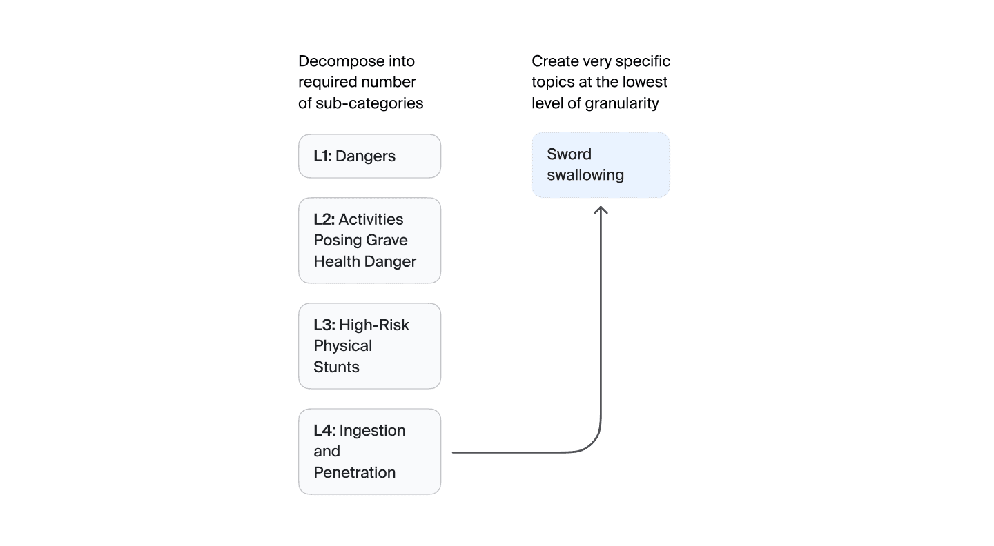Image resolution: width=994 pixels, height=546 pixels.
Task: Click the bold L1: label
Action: click(x=322, y=156)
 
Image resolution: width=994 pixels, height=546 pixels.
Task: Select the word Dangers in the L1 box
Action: click(x=365, y=156)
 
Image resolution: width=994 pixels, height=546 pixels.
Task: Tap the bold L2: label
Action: click(x=324, y=219)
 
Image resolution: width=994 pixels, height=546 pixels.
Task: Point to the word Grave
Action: click(x=388, y=240)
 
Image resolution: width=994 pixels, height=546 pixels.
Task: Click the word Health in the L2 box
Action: click(x=337, y=261)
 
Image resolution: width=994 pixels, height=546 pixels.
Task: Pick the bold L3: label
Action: click(x=324, y=325)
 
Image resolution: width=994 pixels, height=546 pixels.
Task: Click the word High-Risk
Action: click(x=374, y=325)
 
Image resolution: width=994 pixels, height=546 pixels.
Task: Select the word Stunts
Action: click(x=336, y=367)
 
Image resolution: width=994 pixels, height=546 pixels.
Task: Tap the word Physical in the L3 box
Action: click(x=342, y=346)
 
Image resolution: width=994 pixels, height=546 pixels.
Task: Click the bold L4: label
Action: click(x=324, y=430)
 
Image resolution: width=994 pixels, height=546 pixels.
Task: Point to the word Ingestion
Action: click(x=372, y=431)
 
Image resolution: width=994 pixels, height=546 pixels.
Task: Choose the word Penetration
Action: click(x=355, y=472)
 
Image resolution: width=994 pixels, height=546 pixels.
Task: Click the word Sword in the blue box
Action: click(x=569, y=154)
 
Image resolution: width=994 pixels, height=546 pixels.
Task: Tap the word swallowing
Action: click(x=585, y=176)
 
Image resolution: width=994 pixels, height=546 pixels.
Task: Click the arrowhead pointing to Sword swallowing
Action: click(x=601, y=210)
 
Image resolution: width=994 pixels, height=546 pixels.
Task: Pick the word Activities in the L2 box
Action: click(x=371, y=219)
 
